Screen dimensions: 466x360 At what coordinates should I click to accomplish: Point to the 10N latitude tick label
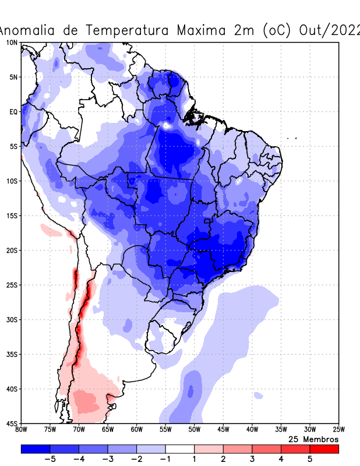point(12,43)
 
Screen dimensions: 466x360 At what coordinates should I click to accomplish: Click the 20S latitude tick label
point(12,250)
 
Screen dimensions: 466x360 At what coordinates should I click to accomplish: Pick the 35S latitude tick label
point(12,354)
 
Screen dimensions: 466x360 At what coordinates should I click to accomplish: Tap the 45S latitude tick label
point(12,423)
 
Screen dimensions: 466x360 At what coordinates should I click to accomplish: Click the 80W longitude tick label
point(22,430)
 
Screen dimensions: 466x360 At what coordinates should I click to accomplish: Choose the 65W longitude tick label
point(108,430)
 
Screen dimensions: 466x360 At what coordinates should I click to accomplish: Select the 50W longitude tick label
point(194,430)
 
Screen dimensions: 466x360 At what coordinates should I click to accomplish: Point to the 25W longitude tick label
point(338,430)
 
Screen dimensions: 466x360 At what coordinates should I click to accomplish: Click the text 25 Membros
point(313,439)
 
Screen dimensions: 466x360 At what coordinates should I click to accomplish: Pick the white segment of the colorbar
point(180,449)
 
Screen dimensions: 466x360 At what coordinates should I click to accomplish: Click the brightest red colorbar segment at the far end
point(324,449)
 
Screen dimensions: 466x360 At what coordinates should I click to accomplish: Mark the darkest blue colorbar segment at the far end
point(36,449)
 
